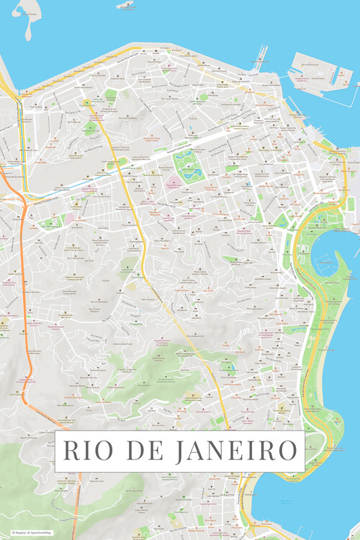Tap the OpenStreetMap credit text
[x=42, y=533]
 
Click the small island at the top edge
[x=125, y=4]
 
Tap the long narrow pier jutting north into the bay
[x=258, y=57]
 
